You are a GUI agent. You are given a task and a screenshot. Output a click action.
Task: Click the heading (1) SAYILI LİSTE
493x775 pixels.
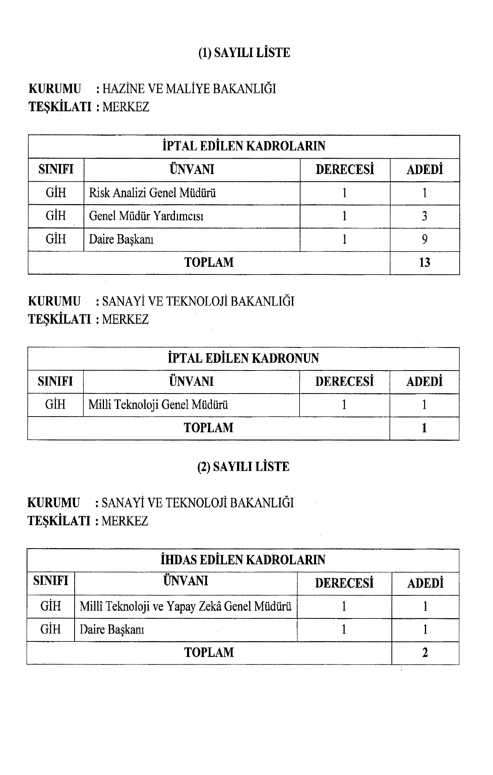(244, 53)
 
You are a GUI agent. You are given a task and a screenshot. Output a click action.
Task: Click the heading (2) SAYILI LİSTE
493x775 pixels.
(243, 467)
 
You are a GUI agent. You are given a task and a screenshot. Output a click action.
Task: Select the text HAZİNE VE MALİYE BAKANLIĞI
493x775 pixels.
(189, 89)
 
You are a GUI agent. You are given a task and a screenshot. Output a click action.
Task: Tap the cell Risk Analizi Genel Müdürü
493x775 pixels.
(152, 193)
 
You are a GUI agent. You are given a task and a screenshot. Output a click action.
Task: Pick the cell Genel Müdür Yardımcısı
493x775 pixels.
(146, 216)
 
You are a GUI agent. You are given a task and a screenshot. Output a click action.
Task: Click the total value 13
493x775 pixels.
(424, 263)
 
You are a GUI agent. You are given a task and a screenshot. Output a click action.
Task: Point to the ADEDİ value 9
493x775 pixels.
(424, 240)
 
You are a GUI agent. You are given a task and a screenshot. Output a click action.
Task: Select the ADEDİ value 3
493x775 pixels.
(424, 216)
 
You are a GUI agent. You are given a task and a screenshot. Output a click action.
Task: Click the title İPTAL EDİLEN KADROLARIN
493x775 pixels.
(243, 146)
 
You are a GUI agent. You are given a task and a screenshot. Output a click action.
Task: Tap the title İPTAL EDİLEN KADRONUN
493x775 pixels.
(243, 358)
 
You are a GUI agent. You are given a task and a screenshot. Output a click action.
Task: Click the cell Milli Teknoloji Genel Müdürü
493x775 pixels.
(158, 405)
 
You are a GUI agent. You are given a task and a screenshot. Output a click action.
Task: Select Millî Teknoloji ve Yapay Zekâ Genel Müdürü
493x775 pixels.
(185, 607)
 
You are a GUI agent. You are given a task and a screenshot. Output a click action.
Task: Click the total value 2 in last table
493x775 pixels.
(425, 653)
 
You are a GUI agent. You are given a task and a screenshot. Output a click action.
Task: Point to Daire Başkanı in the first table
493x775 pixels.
(121, 240)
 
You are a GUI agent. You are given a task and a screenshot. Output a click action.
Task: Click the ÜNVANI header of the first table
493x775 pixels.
(192, 170)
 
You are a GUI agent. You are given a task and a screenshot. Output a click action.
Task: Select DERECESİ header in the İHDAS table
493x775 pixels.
(344, 583)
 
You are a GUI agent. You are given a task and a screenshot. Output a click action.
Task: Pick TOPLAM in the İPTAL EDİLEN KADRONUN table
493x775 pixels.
(208, 428)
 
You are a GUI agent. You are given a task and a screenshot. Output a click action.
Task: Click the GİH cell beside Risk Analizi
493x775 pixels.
(56, 193)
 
